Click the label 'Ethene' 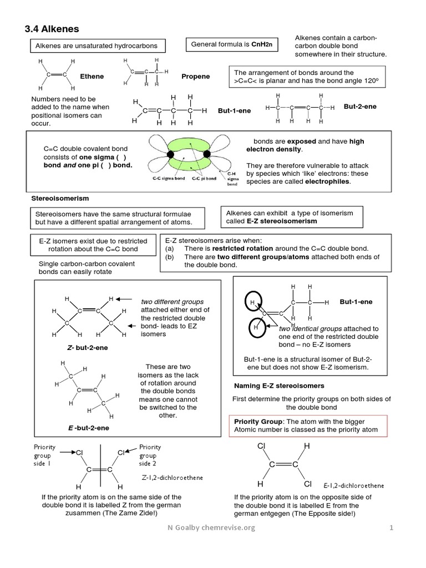92,77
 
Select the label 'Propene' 195,77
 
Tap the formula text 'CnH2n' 263,44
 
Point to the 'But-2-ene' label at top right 360,106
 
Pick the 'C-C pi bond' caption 205,179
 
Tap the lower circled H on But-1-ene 257,328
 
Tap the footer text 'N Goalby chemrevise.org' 211,528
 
